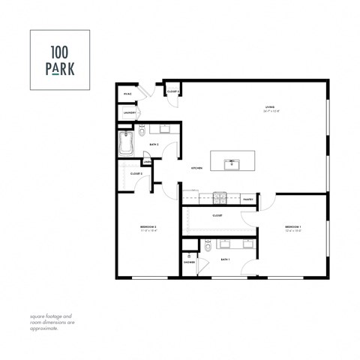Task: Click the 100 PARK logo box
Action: tap(59, 59)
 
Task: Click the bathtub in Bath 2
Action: tap(127, 142)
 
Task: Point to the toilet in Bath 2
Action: tap(143, 133)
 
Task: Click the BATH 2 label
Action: tap(154, 144)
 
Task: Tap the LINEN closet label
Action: tap(147, 161)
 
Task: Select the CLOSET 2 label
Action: tap(136, 173)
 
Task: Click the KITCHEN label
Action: tap(197, 167)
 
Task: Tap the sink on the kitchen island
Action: tap(232, 160)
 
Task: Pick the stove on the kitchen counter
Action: tap(219, 197)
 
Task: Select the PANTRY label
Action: tap(247, 199)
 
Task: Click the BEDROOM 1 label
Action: tap(292, 226)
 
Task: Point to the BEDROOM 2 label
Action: tap(148, 226)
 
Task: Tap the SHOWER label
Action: tap(190, 262)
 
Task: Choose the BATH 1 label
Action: tap(225, 259)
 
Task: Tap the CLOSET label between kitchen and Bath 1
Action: tap(217, 215)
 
